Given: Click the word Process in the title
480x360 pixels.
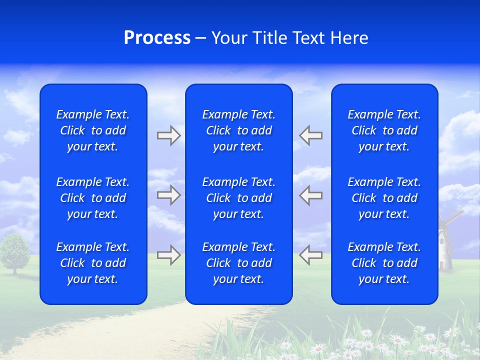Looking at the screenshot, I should click(x=157, y=38).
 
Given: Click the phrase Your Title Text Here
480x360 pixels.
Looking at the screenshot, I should click(x=289, y=38).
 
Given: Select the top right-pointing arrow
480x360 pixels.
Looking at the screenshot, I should click(x=168, y=135).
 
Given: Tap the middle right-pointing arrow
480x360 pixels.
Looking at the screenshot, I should click(x=168, y=195).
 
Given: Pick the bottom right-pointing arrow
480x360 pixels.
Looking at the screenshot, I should click(x=168, y=255).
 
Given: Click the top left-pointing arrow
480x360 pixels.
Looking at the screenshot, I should click(x=310, y=135).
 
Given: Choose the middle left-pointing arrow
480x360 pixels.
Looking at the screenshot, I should click(x=310, y=195).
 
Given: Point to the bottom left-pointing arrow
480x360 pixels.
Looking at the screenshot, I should click(x=310, y=255).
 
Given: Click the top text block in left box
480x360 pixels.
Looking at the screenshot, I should click(x=93, y=130).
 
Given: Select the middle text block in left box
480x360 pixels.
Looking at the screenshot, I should click(x=93, y=198).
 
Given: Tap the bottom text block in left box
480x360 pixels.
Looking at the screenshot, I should click(x=93, y=263).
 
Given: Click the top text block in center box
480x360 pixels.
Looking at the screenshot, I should click(x=238, y=130).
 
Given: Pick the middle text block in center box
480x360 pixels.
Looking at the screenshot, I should click(x=238, y=198).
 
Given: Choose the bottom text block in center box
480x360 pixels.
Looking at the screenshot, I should click(x=238, y=263).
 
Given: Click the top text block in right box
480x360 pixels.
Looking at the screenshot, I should click(x=384, y=130).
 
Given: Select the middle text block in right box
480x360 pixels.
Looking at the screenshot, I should click(x=384, y=198).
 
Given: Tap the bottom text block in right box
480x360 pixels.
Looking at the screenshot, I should click(x=384, y=263).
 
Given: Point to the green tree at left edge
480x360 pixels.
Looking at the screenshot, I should click(x=15, y=252).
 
